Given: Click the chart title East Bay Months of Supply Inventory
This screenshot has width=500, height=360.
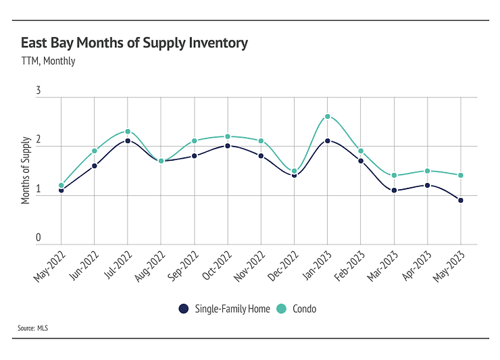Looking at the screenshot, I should (134, 43).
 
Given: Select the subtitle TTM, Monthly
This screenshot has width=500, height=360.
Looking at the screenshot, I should (48, 61).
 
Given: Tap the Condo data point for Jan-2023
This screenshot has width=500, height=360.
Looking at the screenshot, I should (327, 116).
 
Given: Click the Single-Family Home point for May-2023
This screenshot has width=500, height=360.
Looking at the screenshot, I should (460, 200).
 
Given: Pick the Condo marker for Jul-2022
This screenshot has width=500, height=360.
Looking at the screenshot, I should (127, 132).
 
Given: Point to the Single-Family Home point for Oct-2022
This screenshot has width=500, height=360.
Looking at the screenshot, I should (227, 146).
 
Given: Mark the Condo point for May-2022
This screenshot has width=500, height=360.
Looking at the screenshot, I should (61, 185).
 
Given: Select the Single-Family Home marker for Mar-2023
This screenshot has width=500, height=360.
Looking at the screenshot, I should (393, 190).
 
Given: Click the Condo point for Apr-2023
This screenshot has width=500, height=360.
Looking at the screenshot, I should (427, 171).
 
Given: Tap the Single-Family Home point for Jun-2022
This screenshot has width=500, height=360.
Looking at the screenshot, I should (94, 165).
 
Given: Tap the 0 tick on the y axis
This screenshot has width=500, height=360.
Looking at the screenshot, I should (39, 238).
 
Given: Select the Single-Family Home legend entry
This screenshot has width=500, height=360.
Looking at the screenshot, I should (224, 309).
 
